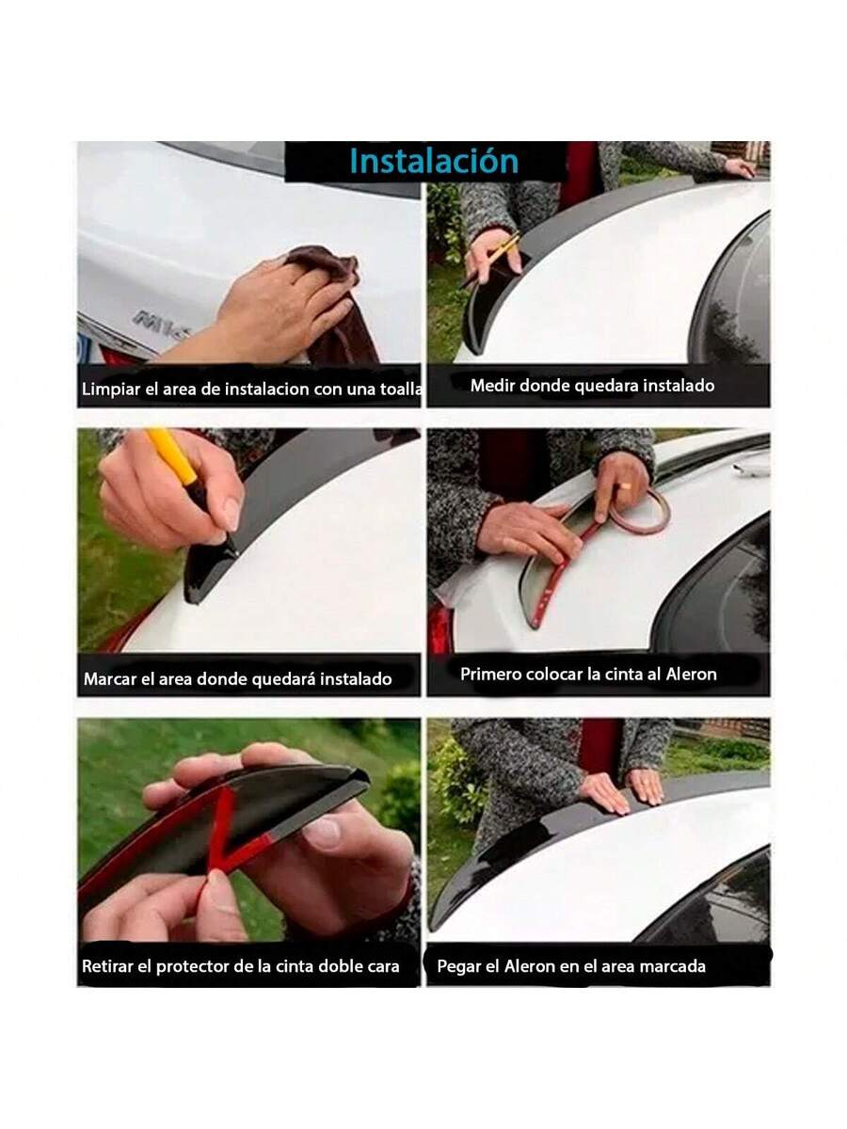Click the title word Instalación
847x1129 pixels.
click(434, 161)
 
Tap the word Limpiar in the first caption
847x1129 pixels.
click(110, 389)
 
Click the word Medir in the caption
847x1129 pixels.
click(491, 385)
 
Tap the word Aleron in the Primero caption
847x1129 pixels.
click(689, 674)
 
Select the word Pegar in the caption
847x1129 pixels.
click(458, 965)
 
